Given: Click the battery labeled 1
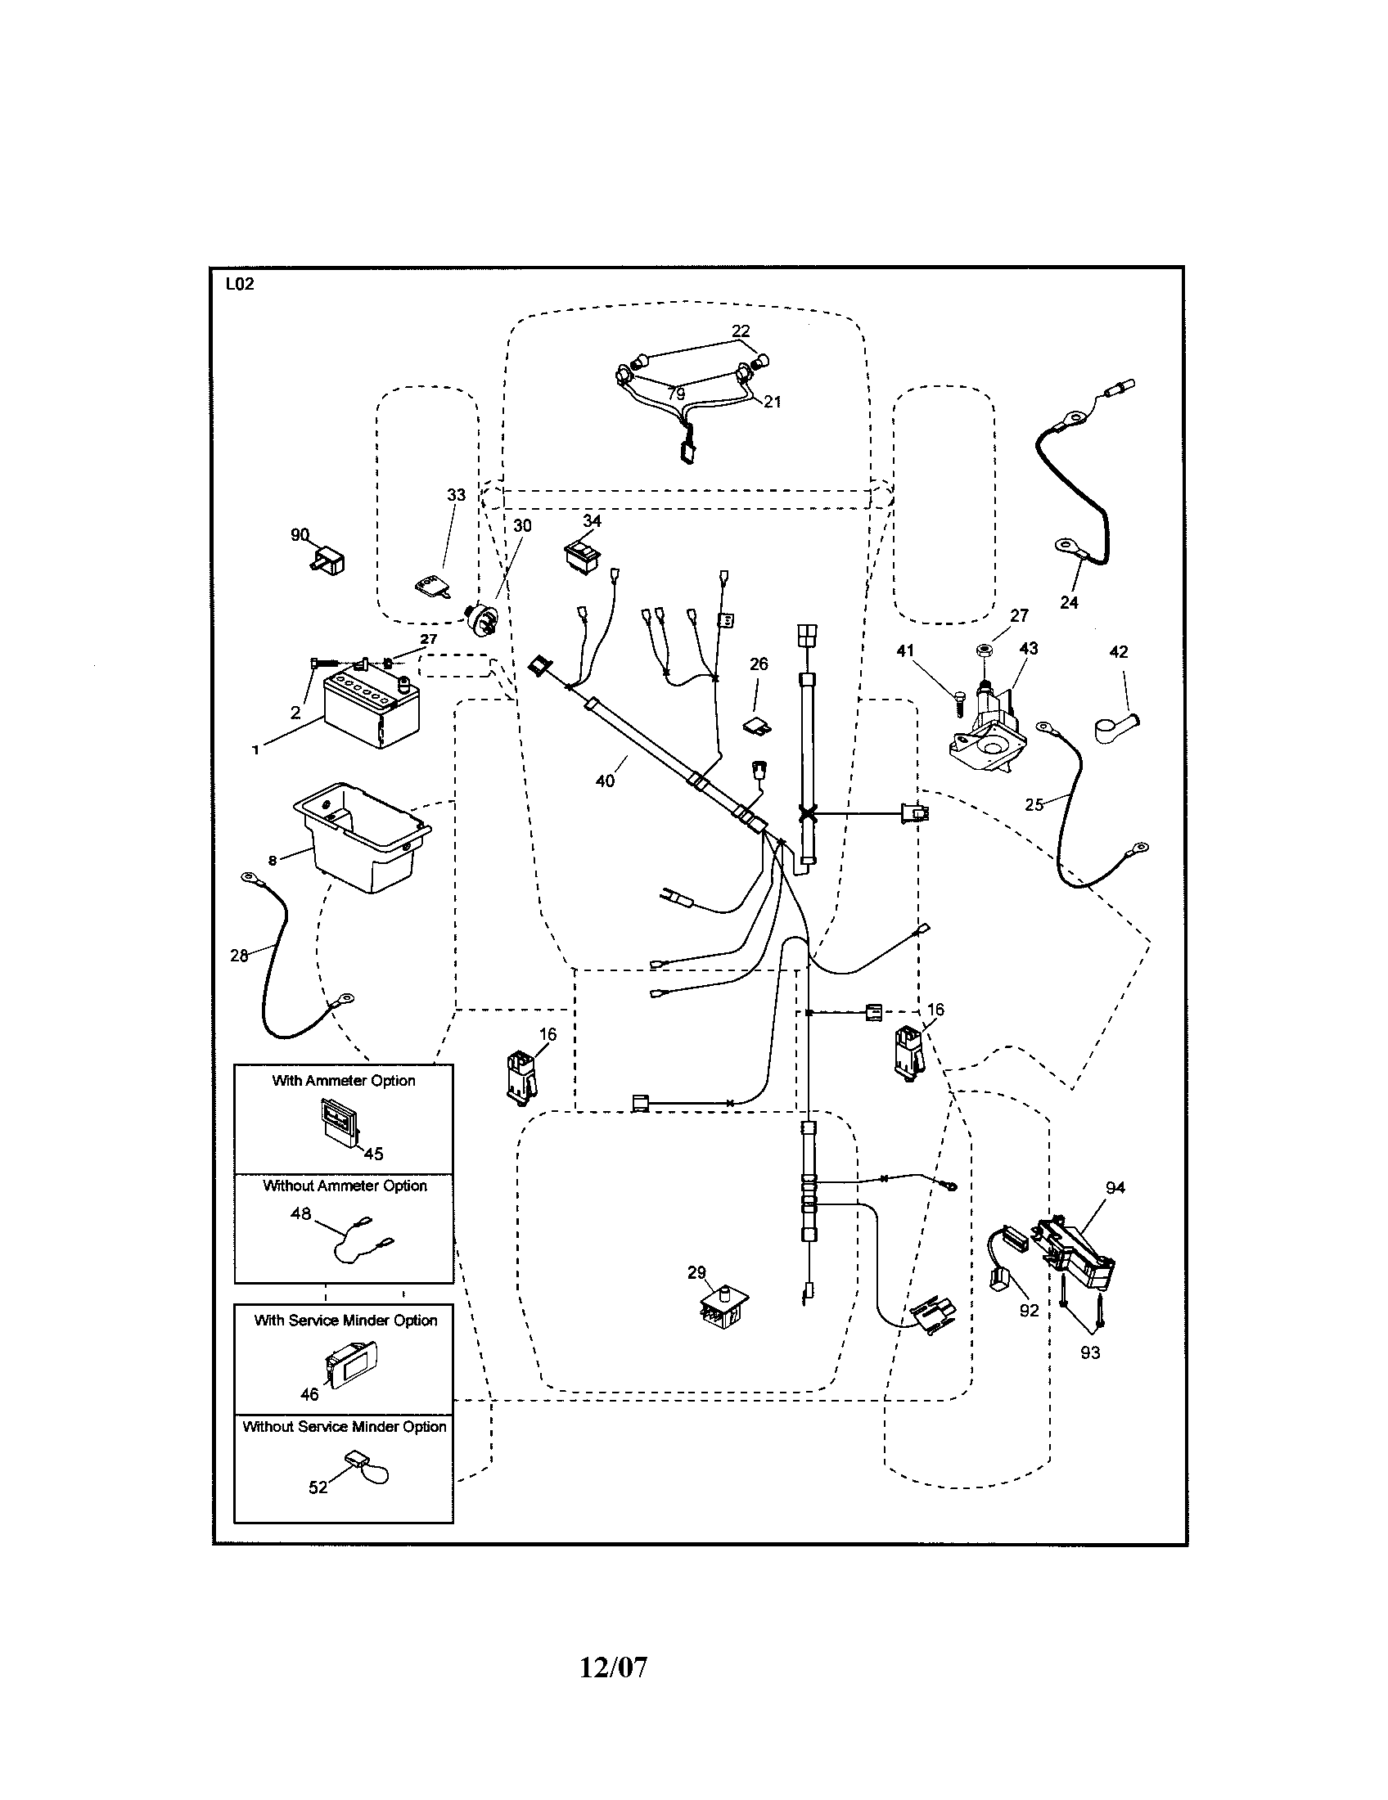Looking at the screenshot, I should click(x=371, y=711).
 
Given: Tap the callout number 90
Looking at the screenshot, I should click(x=300, y=534).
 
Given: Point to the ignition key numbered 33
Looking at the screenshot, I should click(x=432, y=587).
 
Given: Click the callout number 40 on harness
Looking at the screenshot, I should click(x=605, y=781).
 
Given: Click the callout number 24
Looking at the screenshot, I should click(x=1069, y=602).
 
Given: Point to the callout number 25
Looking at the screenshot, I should click(x=1034, y=804).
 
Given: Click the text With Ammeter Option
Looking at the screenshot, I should click(x=344, y=1081).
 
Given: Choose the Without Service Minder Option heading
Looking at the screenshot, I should click(x=345, y=1426).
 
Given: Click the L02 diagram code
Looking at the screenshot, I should click(x=240, y=285).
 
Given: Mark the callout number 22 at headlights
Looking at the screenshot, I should click(x=741, y=331).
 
